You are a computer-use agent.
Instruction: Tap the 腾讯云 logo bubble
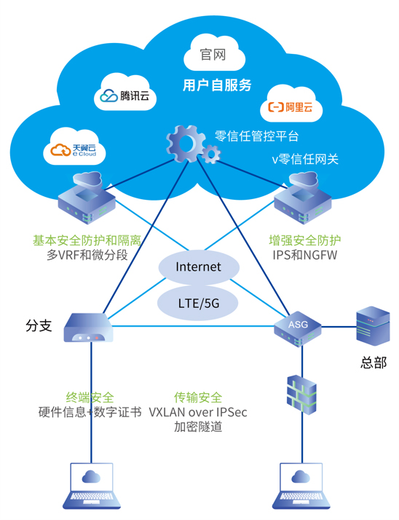click(x=125, y=93)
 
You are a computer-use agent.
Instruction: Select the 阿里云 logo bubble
click(x=291, y=105)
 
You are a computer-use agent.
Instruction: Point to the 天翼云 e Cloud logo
click(x=74, y=148)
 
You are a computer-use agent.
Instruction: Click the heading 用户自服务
click(x=217, y=85)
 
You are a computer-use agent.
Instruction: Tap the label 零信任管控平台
click(x=256, y=136)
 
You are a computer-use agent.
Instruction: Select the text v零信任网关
click(x=305, y=159)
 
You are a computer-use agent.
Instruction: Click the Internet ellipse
click(x=199, y=267)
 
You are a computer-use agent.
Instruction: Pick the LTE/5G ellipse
click(x=198, y=303)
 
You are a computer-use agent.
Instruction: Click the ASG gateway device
click(x=298, y=328)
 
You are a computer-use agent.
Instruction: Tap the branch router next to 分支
click(x=88, y=327)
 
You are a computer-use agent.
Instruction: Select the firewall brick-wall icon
click(x=301, y=395)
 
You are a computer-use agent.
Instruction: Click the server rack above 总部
click(x=373, y=326)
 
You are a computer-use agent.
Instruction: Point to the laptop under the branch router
click(x=92, y=486)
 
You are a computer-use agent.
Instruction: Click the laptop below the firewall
click(x=301, y=486)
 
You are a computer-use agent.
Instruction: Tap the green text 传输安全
click(x=198, y=397)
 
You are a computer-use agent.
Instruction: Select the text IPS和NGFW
click(x=305, y=255)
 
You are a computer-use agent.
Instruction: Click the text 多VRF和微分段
click(x=87, y=255)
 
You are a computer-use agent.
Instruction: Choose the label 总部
click(x=374, y=362)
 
